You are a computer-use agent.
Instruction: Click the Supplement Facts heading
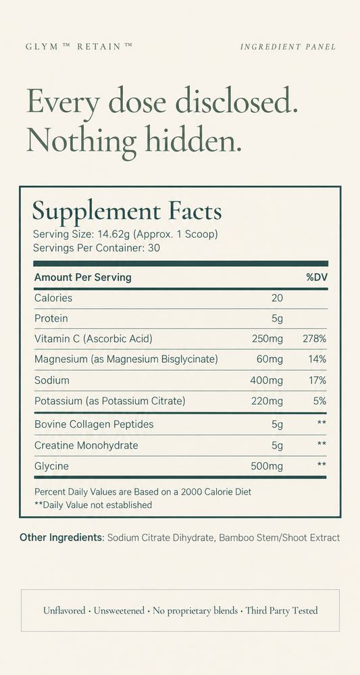(127, 211)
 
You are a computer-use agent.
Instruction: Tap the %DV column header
(317, 277)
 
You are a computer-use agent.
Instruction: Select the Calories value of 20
(278, 298)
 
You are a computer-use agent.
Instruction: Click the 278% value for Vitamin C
(314, 339)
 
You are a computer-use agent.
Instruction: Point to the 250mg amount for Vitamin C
(267, 339)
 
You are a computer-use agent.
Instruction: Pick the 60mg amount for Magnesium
(270, 359)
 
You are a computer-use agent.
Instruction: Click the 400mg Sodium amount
(267, 380)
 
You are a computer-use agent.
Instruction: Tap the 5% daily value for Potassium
(319, 401)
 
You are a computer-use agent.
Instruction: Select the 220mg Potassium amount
(267, 401)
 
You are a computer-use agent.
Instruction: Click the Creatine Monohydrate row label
(86, 445)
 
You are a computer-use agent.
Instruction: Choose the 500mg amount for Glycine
(267, 466)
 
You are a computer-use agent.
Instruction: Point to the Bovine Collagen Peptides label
(94, 424)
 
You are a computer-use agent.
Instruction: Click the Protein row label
(51, 318)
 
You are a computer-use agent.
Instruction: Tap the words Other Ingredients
(61, 538)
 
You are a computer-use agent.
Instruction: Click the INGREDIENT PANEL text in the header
(288, 47)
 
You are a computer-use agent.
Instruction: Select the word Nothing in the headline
(82, 140)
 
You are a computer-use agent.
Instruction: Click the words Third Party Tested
(282, 610)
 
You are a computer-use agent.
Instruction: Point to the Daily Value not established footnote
(93, 505)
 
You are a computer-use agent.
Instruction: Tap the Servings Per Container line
(97, 249)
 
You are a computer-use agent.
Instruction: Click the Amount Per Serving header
(82, 277)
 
